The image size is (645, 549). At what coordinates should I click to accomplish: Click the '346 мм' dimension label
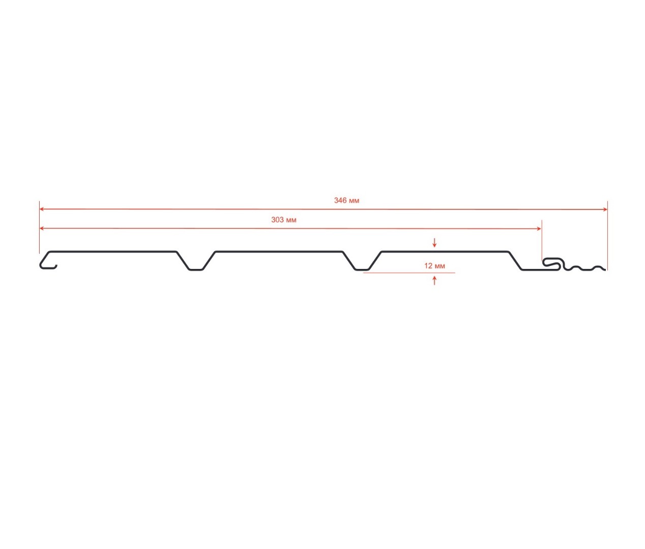tap(346, 200)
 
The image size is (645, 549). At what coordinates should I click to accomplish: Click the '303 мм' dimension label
tap(283, 220)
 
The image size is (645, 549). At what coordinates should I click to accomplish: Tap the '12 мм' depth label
tap(434, 266)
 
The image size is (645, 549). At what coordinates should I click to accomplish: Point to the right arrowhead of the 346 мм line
tap(605, 209)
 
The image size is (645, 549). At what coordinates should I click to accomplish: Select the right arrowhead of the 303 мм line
tap(539, 229)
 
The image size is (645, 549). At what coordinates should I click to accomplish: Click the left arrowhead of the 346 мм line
tap(42, 209)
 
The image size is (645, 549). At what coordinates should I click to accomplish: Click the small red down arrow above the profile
tap(434, 243)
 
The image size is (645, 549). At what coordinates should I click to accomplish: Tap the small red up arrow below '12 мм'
tap(434, 280)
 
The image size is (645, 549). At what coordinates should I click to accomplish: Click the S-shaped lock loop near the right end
tap(552, 263)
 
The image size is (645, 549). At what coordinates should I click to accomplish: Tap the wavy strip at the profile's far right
tap(585, 267)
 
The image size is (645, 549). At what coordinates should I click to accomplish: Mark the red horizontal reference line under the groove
tap(407, 273)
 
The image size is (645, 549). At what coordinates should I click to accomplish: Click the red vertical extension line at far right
tap(607, 234)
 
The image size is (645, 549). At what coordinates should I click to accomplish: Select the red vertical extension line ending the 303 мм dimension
tap(542, 239)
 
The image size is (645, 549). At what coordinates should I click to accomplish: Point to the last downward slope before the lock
tap(515, 260)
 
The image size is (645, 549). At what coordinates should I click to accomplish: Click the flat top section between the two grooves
tap(279, 251)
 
